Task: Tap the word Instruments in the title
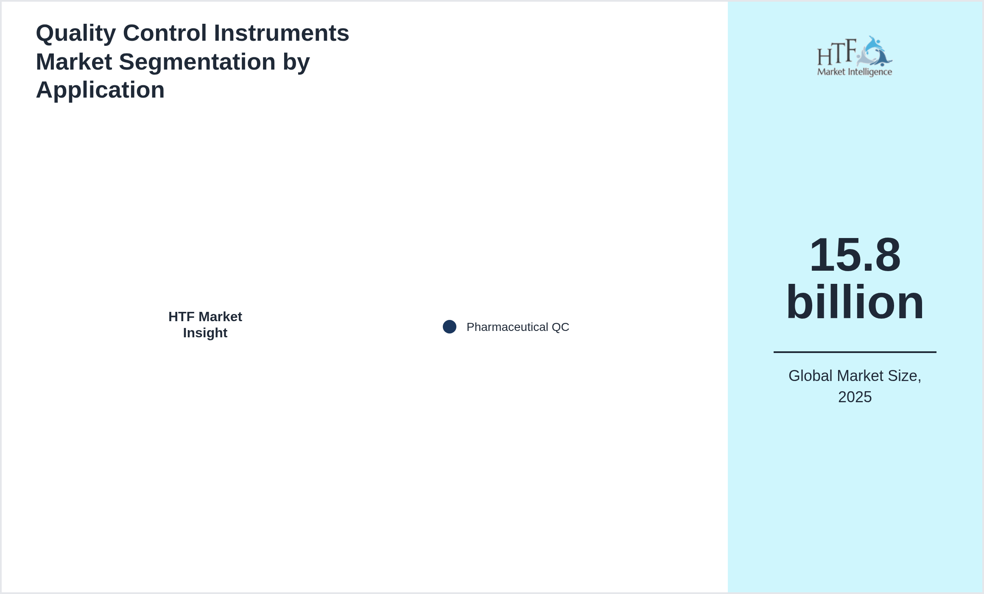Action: [x=282, y=33]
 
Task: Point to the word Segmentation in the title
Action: [x=197, y=62]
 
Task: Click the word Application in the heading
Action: [x=100, y=90]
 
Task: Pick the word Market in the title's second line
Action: [x=74, y=62]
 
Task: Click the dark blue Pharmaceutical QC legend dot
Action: [x=450, y=327]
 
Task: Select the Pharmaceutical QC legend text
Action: [x=518, y=327]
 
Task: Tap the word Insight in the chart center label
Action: [x=205, y=333]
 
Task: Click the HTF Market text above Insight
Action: [x=205, y=317]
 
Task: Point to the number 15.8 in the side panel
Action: [x=855, y=255]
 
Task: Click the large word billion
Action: [x=855, y=302]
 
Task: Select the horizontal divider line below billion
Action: [x=855, y=352]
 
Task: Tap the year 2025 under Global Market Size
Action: [x=855, y=397]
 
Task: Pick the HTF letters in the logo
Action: [x=837, y=52]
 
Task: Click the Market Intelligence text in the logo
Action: [x=855, y=72]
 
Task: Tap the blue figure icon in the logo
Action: [x=875, y=51]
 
